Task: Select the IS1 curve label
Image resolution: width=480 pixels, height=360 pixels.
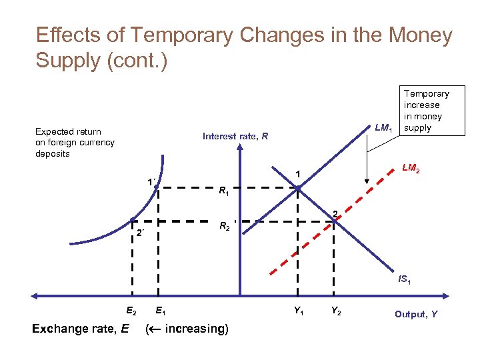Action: [404, 281]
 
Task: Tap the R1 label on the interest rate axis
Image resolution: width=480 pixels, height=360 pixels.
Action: [225, 193]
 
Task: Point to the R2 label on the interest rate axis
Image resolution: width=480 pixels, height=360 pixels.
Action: [225, 226]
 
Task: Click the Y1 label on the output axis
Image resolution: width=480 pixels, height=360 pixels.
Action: [299, 309]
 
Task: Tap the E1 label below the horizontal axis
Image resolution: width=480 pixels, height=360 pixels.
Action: [161, 309]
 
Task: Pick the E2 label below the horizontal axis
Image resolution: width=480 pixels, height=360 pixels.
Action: [131, 309]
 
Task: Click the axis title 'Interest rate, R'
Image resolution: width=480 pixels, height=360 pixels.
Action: [235, 137]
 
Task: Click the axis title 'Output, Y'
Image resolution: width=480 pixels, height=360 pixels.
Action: [415, 314]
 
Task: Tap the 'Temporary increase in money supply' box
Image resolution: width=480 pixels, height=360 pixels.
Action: [426, 111]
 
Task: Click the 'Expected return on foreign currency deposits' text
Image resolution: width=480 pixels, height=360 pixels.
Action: [75, 143]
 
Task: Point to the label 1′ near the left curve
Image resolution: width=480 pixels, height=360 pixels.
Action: [153, 181]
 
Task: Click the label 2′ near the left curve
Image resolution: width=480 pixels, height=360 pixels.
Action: [141, 233]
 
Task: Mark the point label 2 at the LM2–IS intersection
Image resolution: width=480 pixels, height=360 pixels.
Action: [337, 213]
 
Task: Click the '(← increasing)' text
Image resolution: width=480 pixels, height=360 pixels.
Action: [187, 329]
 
